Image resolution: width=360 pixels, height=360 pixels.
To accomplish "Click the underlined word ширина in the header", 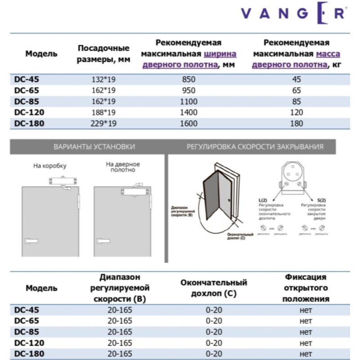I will point(220,54).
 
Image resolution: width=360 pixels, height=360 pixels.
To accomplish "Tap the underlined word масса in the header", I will point(328,54).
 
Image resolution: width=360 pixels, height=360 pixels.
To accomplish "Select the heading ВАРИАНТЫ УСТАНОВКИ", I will point(88,147).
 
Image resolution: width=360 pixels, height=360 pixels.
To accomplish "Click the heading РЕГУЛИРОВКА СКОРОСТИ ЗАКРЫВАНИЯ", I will point(255,147).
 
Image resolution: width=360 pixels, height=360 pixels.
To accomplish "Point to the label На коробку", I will point(50,166).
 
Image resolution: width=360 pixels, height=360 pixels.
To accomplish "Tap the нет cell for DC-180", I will point(306,353).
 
